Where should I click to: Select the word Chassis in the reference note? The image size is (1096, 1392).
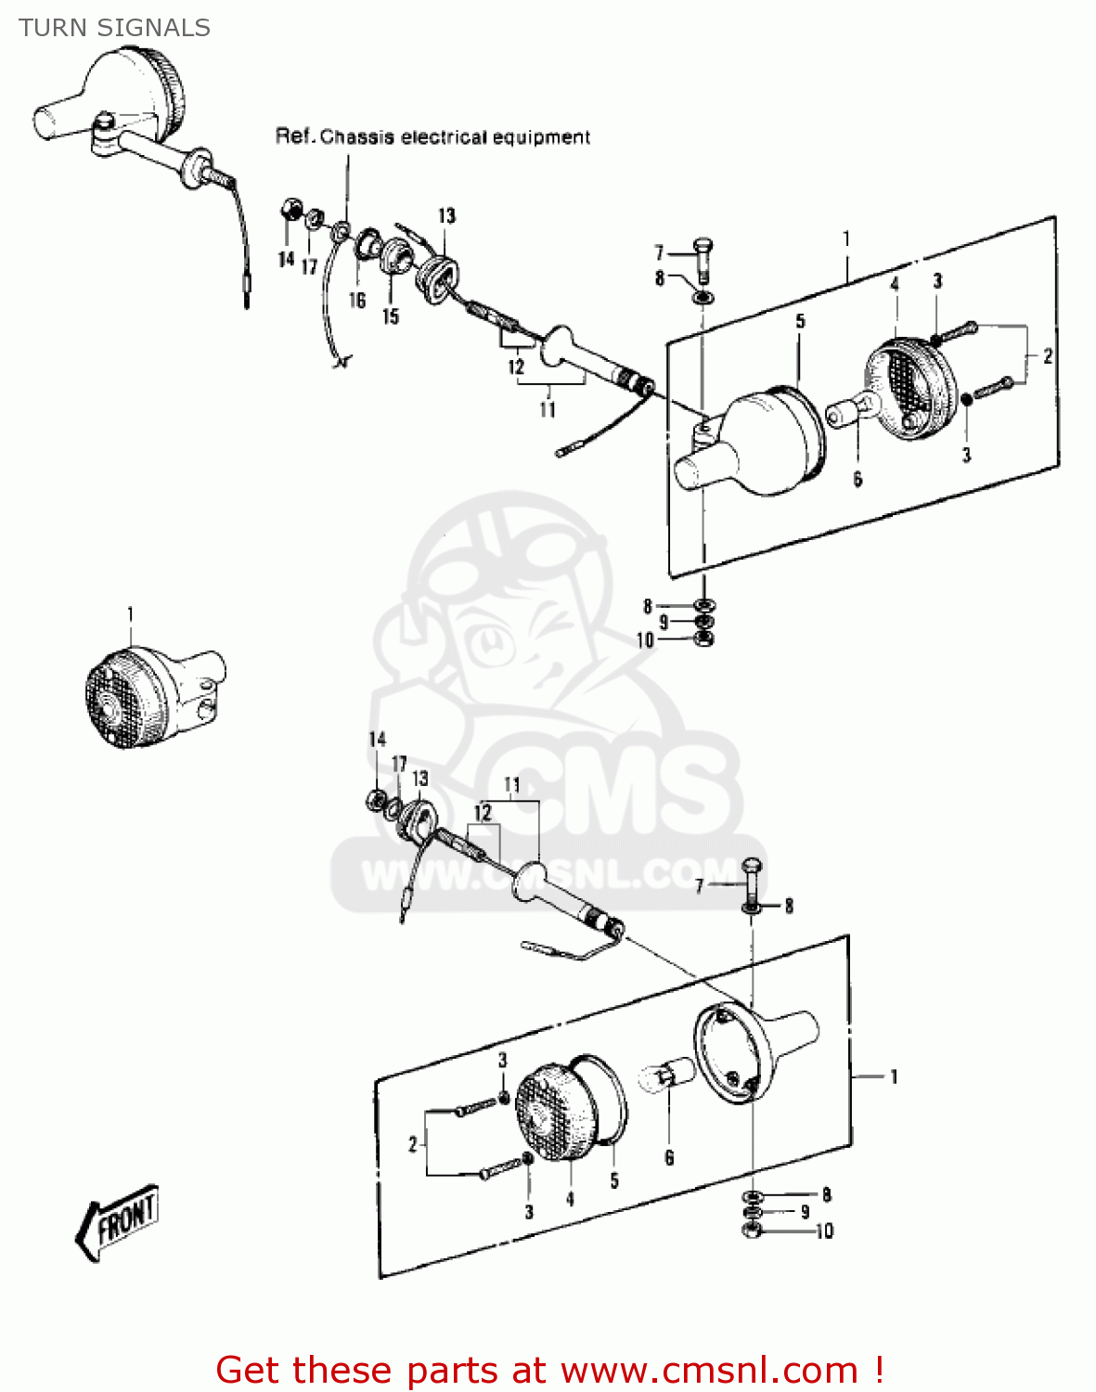point(357,137)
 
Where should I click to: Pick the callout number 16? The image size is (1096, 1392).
point(357,301)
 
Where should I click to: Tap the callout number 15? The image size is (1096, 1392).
point(391,316)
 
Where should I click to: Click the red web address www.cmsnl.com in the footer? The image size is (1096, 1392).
point(709,1370)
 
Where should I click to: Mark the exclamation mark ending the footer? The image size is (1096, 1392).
point(878,1370)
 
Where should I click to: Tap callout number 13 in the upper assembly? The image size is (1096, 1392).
point(447,216)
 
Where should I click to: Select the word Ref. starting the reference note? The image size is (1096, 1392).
point(294,137)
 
